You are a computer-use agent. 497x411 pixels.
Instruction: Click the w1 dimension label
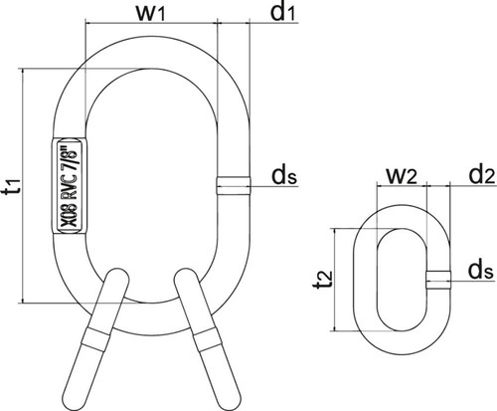(x=151, y=13)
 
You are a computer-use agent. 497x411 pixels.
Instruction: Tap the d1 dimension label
(x=282, y=12)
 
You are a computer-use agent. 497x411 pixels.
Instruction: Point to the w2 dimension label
(x=402, y=176)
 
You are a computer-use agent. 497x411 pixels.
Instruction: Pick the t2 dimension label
(x=323, y=280)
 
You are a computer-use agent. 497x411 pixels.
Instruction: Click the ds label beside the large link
(x=284, y=175)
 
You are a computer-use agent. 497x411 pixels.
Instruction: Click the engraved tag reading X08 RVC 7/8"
(x=70, y=186)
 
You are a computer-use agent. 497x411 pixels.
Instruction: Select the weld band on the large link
(x=234, y=186)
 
